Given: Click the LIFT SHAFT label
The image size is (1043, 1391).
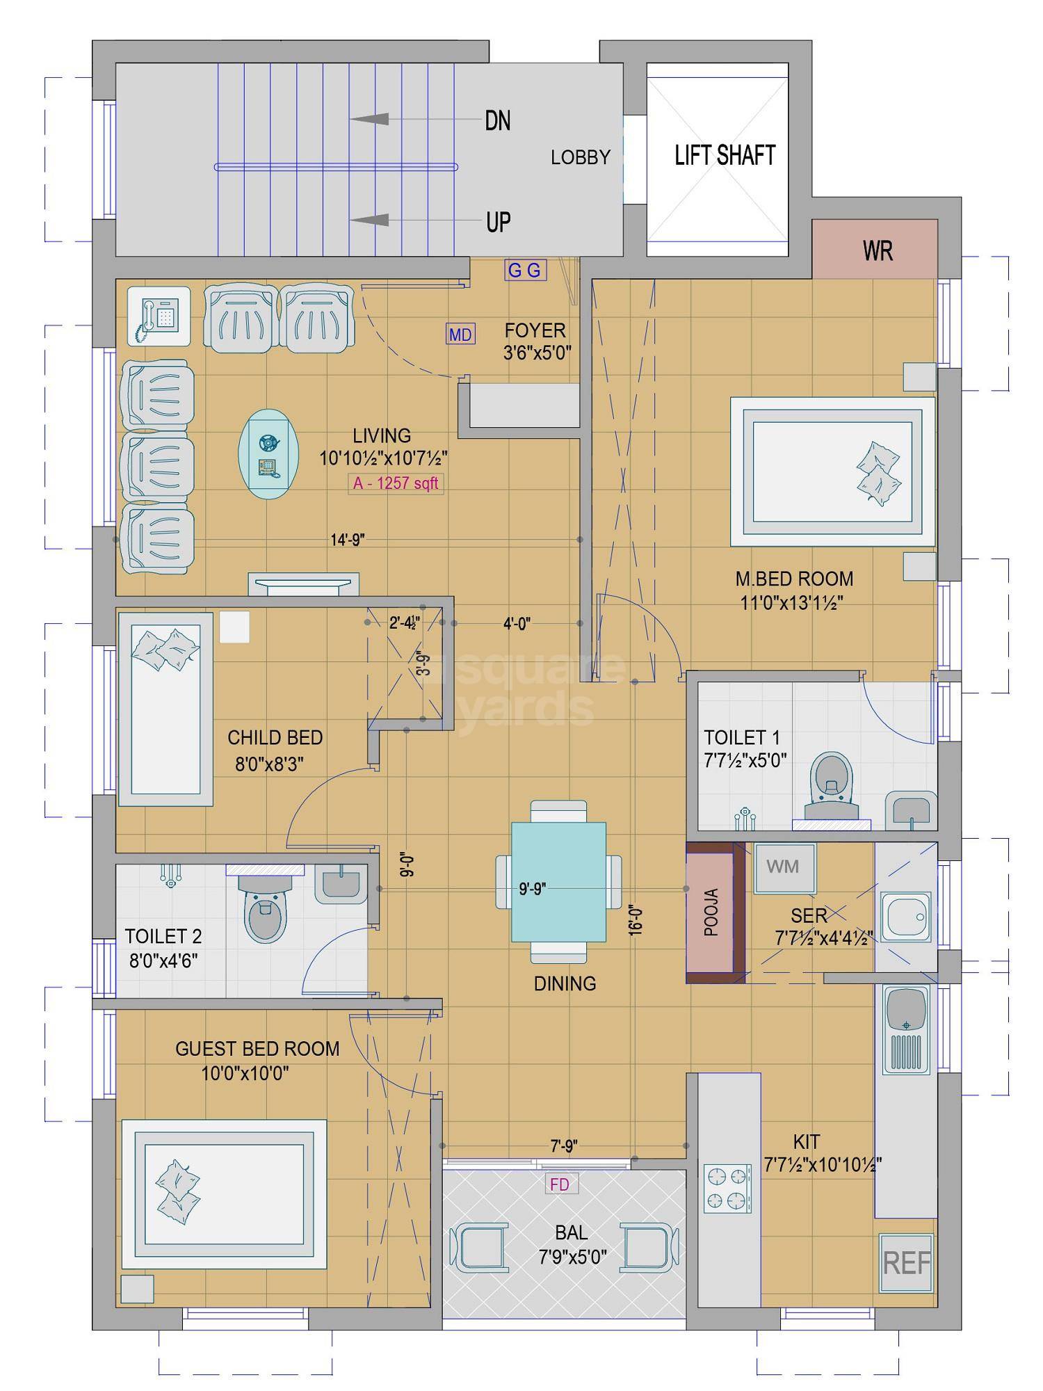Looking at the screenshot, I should pyautogui.click(x=725, y=154).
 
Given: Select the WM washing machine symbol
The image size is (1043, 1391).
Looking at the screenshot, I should pyautogui.click(x=783, y=867).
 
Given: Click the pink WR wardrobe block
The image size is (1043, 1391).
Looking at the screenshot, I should pyautogui.click(x=876, y=250).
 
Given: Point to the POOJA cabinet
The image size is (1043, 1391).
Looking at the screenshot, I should pyautogui.click(x=711, y=912).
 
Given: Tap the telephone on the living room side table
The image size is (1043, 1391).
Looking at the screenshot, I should pyautogui.click(x=159, y=317).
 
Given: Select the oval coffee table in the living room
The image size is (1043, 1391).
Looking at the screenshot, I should pyautogui.click(x=268, y=454).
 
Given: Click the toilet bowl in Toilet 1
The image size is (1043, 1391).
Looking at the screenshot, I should pyautogui.click(x=832, y=783).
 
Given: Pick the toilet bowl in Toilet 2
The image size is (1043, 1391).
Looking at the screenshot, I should pyautogui.click(x=265, y=910).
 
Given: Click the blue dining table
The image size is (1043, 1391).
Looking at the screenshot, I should pyautogui.click(x=558, y=881).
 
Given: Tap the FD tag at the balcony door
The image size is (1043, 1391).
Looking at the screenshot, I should pyautogui.click(x=559, y=1184).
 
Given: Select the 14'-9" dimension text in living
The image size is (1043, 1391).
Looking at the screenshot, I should pyautogui.click(x=348, y=540).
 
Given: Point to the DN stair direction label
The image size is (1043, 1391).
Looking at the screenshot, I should pyautogui.click(x=497, y=121).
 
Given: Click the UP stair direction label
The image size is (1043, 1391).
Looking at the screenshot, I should pyautogui.click(x=498, y=223).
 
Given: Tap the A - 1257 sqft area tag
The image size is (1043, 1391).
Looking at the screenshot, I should pyautogui.click(x=396, y=483).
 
